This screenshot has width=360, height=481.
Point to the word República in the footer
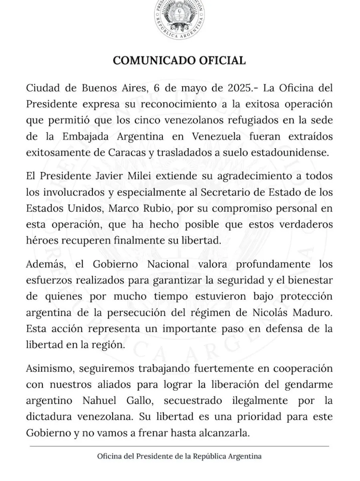coord(209,457)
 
